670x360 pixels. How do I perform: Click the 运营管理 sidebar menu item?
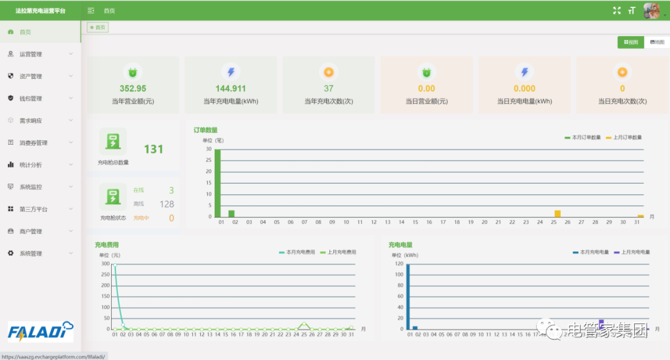tap(31, 54)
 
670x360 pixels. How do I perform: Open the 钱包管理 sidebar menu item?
tap(31, 99)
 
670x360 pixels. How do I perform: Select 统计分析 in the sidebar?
tap(31, 165)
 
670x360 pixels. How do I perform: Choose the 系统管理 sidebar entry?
tap(31, 254)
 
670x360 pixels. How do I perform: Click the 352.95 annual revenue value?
tap(133, 89)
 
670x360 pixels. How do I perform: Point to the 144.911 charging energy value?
tap(231, 89)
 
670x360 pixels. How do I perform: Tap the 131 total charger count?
tap(153, 149)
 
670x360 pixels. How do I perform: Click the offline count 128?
tap(167, 204)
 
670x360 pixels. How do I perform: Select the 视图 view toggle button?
tap(630, 42)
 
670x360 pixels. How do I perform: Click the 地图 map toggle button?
tap(657, 42)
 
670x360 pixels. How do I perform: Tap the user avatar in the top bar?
tap(651, 11)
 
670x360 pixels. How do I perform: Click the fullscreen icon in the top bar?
tap(617, 11)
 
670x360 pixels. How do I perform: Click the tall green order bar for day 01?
tap(218, 183)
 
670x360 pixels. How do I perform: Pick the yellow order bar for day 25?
tap(557, 214)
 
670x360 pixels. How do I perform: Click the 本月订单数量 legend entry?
tap(583, 137)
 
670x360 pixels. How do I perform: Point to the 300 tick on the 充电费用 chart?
tap(105, 264)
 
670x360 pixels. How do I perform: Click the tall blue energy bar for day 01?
tap(408, 297)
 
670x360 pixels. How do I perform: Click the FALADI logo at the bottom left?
tap(41, 331)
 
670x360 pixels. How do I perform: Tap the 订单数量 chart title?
tap(205, 130)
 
